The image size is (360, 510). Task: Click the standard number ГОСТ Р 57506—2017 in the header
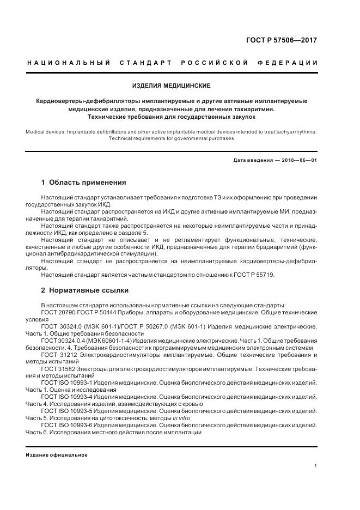coord(282,40)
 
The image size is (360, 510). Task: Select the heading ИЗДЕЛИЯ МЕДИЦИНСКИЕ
coord(172,86)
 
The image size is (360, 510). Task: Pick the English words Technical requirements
coord(137,138)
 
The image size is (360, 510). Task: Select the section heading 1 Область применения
coord(83,182)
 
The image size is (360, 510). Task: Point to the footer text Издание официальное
coord(57,455)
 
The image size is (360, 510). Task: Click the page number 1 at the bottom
coord(315,466)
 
